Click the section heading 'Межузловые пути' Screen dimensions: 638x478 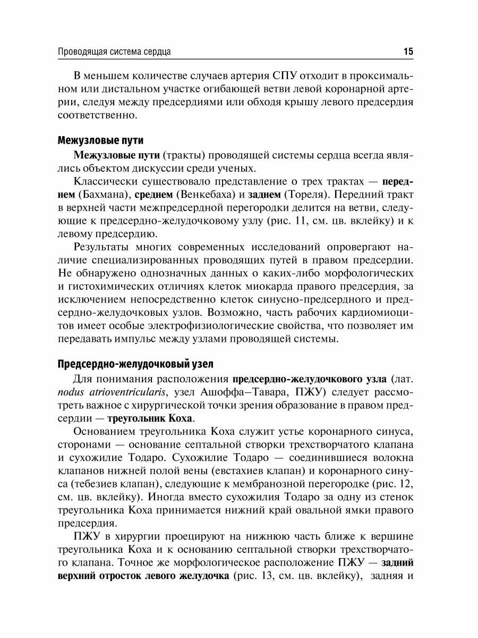[x=100, y=141]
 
